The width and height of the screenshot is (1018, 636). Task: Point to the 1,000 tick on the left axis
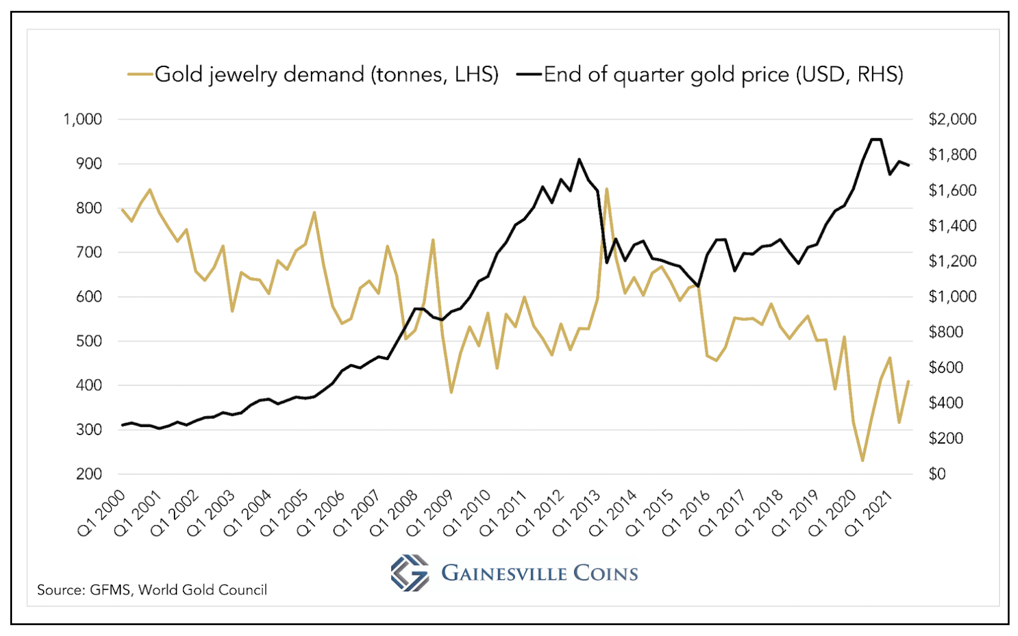coord(83,119)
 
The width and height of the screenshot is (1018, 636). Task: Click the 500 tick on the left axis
coord(89,341)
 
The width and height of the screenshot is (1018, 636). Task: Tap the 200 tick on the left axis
coord(89,474)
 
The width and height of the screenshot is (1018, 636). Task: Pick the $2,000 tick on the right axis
coord(952,119)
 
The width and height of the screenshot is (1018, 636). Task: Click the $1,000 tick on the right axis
coord(952,297)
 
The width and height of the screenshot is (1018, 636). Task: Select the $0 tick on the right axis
coord(937,474)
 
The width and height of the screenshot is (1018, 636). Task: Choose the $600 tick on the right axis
coord(946,367)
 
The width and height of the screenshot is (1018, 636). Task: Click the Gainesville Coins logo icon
coord(410,573)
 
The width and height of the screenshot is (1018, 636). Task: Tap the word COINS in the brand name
coord(606,573)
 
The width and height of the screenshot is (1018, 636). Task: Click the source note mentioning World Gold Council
coord(152,590)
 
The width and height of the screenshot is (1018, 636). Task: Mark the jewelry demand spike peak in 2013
coord(606,189)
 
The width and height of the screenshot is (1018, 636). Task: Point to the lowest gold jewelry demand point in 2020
coord(863,461)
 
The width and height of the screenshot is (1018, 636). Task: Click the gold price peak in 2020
coord(876,139)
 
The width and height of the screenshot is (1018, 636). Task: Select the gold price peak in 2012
coord(579,159)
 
